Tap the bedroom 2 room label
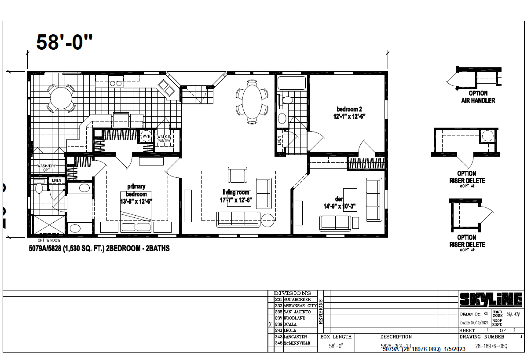pos(350,113)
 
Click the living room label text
pos(236,196)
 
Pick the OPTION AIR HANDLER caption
pos(478,97)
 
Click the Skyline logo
pos(491,300)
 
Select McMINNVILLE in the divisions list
pos(297,342)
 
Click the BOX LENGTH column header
pos(336,337)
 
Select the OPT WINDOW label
pos(48,240)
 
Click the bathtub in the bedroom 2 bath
pos(291,82)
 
